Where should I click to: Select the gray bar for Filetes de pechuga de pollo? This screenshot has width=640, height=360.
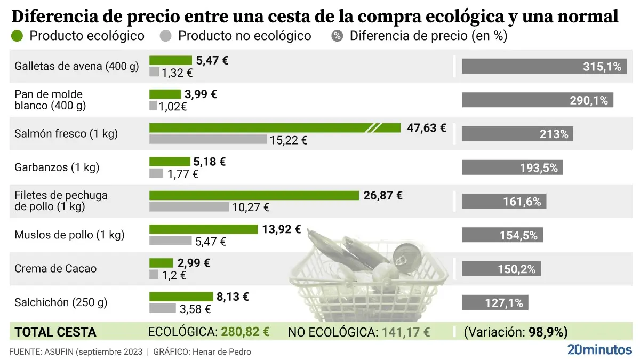pyautogui.click(x=189, y=207)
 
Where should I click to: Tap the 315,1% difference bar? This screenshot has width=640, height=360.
pyautogui.click(x=544, y=67)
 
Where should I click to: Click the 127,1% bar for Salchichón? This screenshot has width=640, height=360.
pyautogui.click(x=495, y=302)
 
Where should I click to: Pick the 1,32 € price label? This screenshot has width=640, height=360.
pyautogui.click(x=176, y=73)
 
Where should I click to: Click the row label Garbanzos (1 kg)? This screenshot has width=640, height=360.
pyautogui.click(x=57, y=167)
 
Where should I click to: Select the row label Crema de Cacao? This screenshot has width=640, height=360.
pyautogui.click(x=56, y=268)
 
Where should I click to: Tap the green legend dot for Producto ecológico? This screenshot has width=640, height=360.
pyautogui.click(x=17, y=36)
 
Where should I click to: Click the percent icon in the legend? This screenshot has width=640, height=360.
pyautogui.click(x=337, y=36)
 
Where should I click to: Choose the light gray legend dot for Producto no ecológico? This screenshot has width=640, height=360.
pyautogui.click(x=166, y=36)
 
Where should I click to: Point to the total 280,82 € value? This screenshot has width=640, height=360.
pyautogui.click(x=245, y=332)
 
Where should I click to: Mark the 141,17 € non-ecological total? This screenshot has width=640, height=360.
pyautogui.click(x=405, y=332)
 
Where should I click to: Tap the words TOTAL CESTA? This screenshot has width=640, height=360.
pyautogui.click(x=55, y=332)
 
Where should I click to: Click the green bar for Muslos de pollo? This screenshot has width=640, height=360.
pyautogui.click(x=203, y=229)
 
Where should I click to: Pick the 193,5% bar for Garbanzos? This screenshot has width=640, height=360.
pyautogui.click(x=512, y=167)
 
